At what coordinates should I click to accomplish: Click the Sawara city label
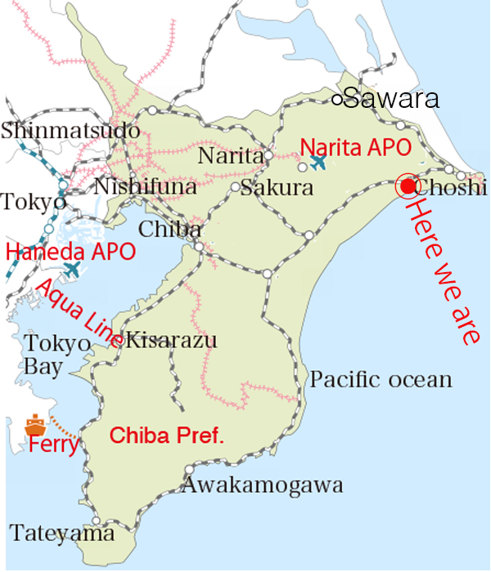[391, 100]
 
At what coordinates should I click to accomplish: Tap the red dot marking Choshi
[407, 186]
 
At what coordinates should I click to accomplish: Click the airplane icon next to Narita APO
[318, 163]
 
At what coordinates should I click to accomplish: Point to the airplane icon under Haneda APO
[73, 269]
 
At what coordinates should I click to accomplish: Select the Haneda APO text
[70, 252]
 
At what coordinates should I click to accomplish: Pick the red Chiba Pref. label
[167, 436]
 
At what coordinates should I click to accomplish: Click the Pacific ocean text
[381, 379]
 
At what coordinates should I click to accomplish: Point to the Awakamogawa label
[262, 485]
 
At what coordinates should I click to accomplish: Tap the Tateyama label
[62, 534]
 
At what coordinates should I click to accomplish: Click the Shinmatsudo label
[70, 130]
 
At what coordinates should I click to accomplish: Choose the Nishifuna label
[145, 187]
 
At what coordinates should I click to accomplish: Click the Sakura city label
[278, 188]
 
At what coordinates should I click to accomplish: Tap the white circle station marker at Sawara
[337, 100]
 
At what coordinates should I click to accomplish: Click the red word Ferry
[52, 445]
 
